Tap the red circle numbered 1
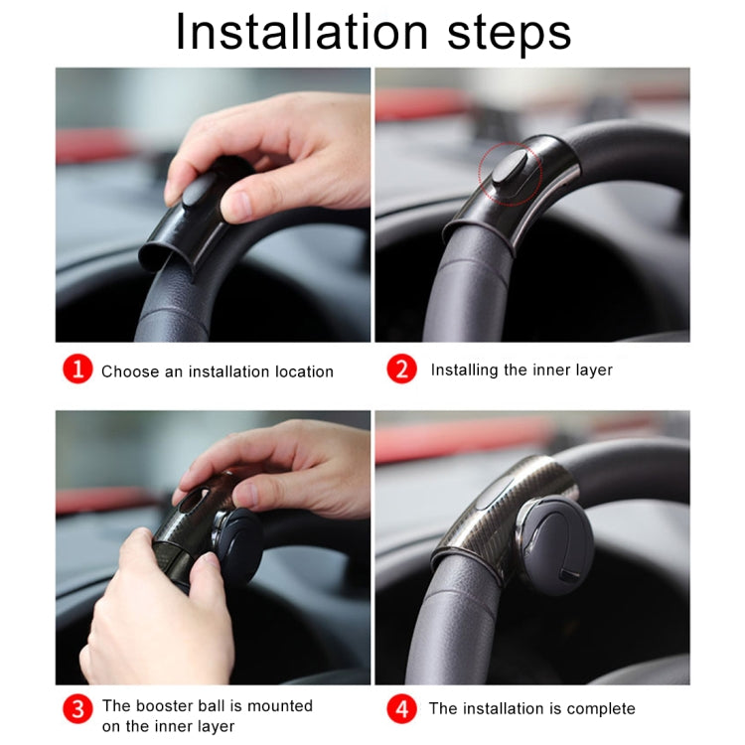(77, 371)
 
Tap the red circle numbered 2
(401, 370)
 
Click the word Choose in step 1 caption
(129, 372)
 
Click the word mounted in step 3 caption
(281, 705)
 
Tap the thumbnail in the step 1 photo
(238, 206)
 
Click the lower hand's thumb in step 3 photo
(204, 576)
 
